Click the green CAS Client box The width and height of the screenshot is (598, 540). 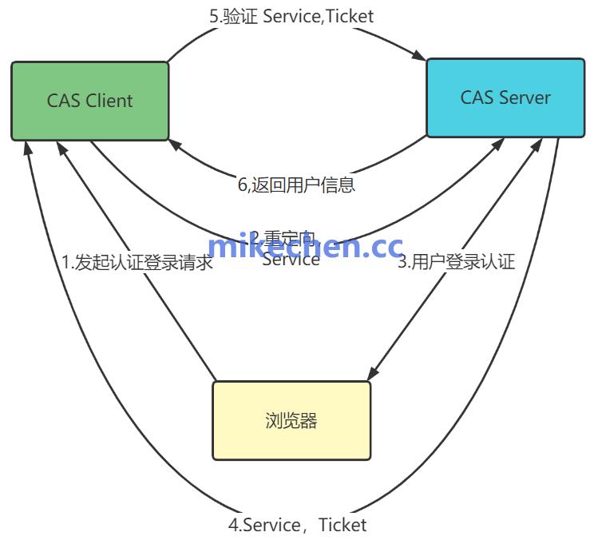(89, 101)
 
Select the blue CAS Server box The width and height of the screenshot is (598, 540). (505, 97)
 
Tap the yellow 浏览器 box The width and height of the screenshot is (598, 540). (291, 420)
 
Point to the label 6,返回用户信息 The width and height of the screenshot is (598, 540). (296, 185)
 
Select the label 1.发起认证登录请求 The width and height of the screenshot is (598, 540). (137, 262)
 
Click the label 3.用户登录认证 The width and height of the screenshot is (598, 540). (456, 261)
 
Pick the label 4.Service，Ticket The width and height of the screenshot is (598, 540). (297, 525)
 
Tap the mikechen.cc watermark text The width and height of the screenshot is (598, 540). (305, 247)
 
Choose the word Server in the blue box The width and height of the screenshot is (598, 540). (525, 97)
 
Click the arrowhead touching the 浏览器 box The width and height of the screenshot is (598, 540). (371, 374)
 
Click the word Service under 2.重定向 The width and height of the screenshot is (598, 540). (291, 260)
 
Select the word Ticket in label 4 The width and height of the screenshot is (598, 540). (343, 525)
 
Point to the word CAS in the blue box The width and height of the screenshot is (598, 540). (477, 97)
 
